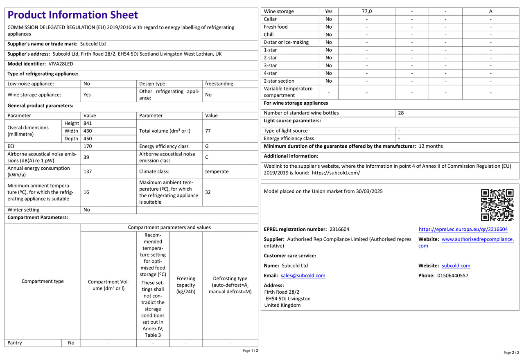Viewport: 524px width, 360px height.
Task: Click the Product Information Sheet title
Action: [73, 15]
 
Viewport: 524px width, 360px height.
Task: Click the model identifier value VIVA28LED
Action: [61, 64]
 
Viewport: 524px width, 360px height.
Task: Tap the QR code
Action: [497, 205]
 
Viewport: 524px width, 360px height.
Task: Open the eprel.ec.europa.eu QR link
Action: [463, 229]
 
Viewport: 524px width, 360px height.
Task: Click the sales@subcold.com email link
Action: [303, 276]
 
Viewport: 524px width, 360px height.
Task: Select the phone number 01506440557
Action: [453, 276]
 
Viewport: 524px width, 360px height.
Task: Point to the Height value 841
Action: [88, 123]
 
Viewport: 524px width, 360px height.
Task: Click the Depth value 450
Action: [88, 139]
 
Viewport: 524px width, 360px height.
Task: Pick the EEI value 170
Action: [88, 146]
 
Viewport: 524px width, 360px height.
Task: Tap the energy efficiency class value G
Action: [207, 146]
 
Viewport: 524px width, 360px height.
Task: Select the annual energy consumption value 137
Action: [88, 171]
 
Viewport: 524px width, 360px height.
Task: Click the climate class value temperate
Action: [217, 171]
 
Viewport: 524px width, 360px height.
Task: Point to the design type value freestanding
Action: [219, 84]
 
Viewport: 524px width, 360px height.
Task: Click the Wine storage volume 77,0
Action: [367, 11]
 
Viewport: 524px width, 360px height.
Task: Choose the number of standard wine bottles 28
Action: [401, 113]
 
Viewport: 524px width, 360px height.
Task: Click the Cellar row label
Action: [270, 19]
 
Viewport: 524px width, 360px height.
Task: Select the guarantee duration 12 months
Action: [431, 146]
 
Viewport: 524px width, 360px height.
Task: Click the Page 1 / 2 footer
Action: [251, 351]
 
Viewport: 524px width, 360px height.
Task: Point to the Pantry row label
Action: [15, 343]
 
